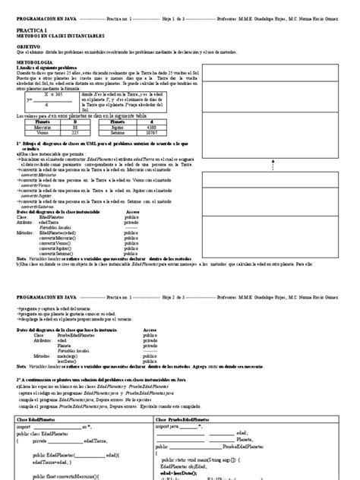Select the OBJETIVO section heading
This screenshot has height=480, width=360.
coord(31,46)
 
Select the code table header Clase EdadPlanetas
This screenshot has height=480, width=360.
coord(39,419)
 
